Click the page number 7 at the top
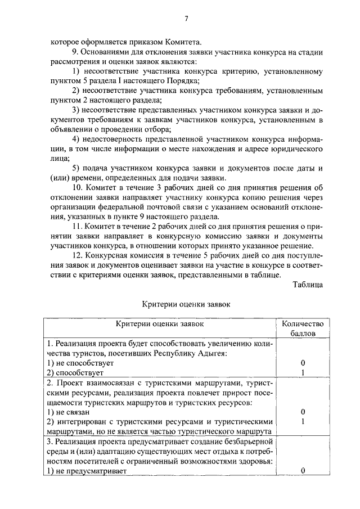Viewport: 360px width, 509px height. pos(186,19)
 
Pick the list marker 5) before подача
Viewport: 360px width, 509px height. pos(78,168)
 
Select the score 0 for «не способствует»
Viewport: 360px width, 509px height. pos(303,363)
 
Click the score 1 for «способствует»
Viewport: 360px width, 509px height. pos(303,373)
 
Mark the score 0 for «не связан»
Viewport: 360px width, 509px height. pos(303,412)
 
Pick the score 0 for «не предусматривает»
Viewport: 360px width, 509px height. pos(303,471)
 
